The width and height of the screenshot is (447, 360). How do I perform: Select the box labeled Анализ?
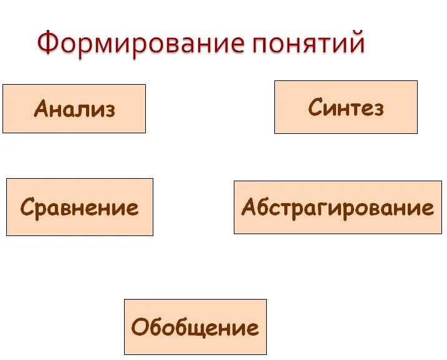tap(74, 109)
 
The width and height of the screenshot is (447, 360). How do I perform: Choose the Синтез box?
tap(346, 107)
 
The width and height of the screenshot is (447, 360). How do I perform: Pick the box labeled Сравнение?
tap(79, 207)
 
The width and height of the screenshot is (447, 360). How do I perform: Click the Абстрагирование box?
tap(337, 207)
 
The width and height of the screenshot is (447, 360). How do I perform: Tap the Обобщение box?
tap(195, 327)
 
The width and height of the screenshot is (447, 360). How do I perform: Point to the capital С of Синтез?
tap(315, 107)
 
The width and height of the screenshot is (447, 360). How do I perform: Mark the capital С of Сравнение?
tap(27, 207)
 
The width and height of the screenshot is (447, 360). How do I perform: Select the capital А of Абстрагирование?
tap(249, 207)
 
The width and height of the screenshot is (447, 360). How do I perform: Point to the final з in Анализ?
tap(110, 110)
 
